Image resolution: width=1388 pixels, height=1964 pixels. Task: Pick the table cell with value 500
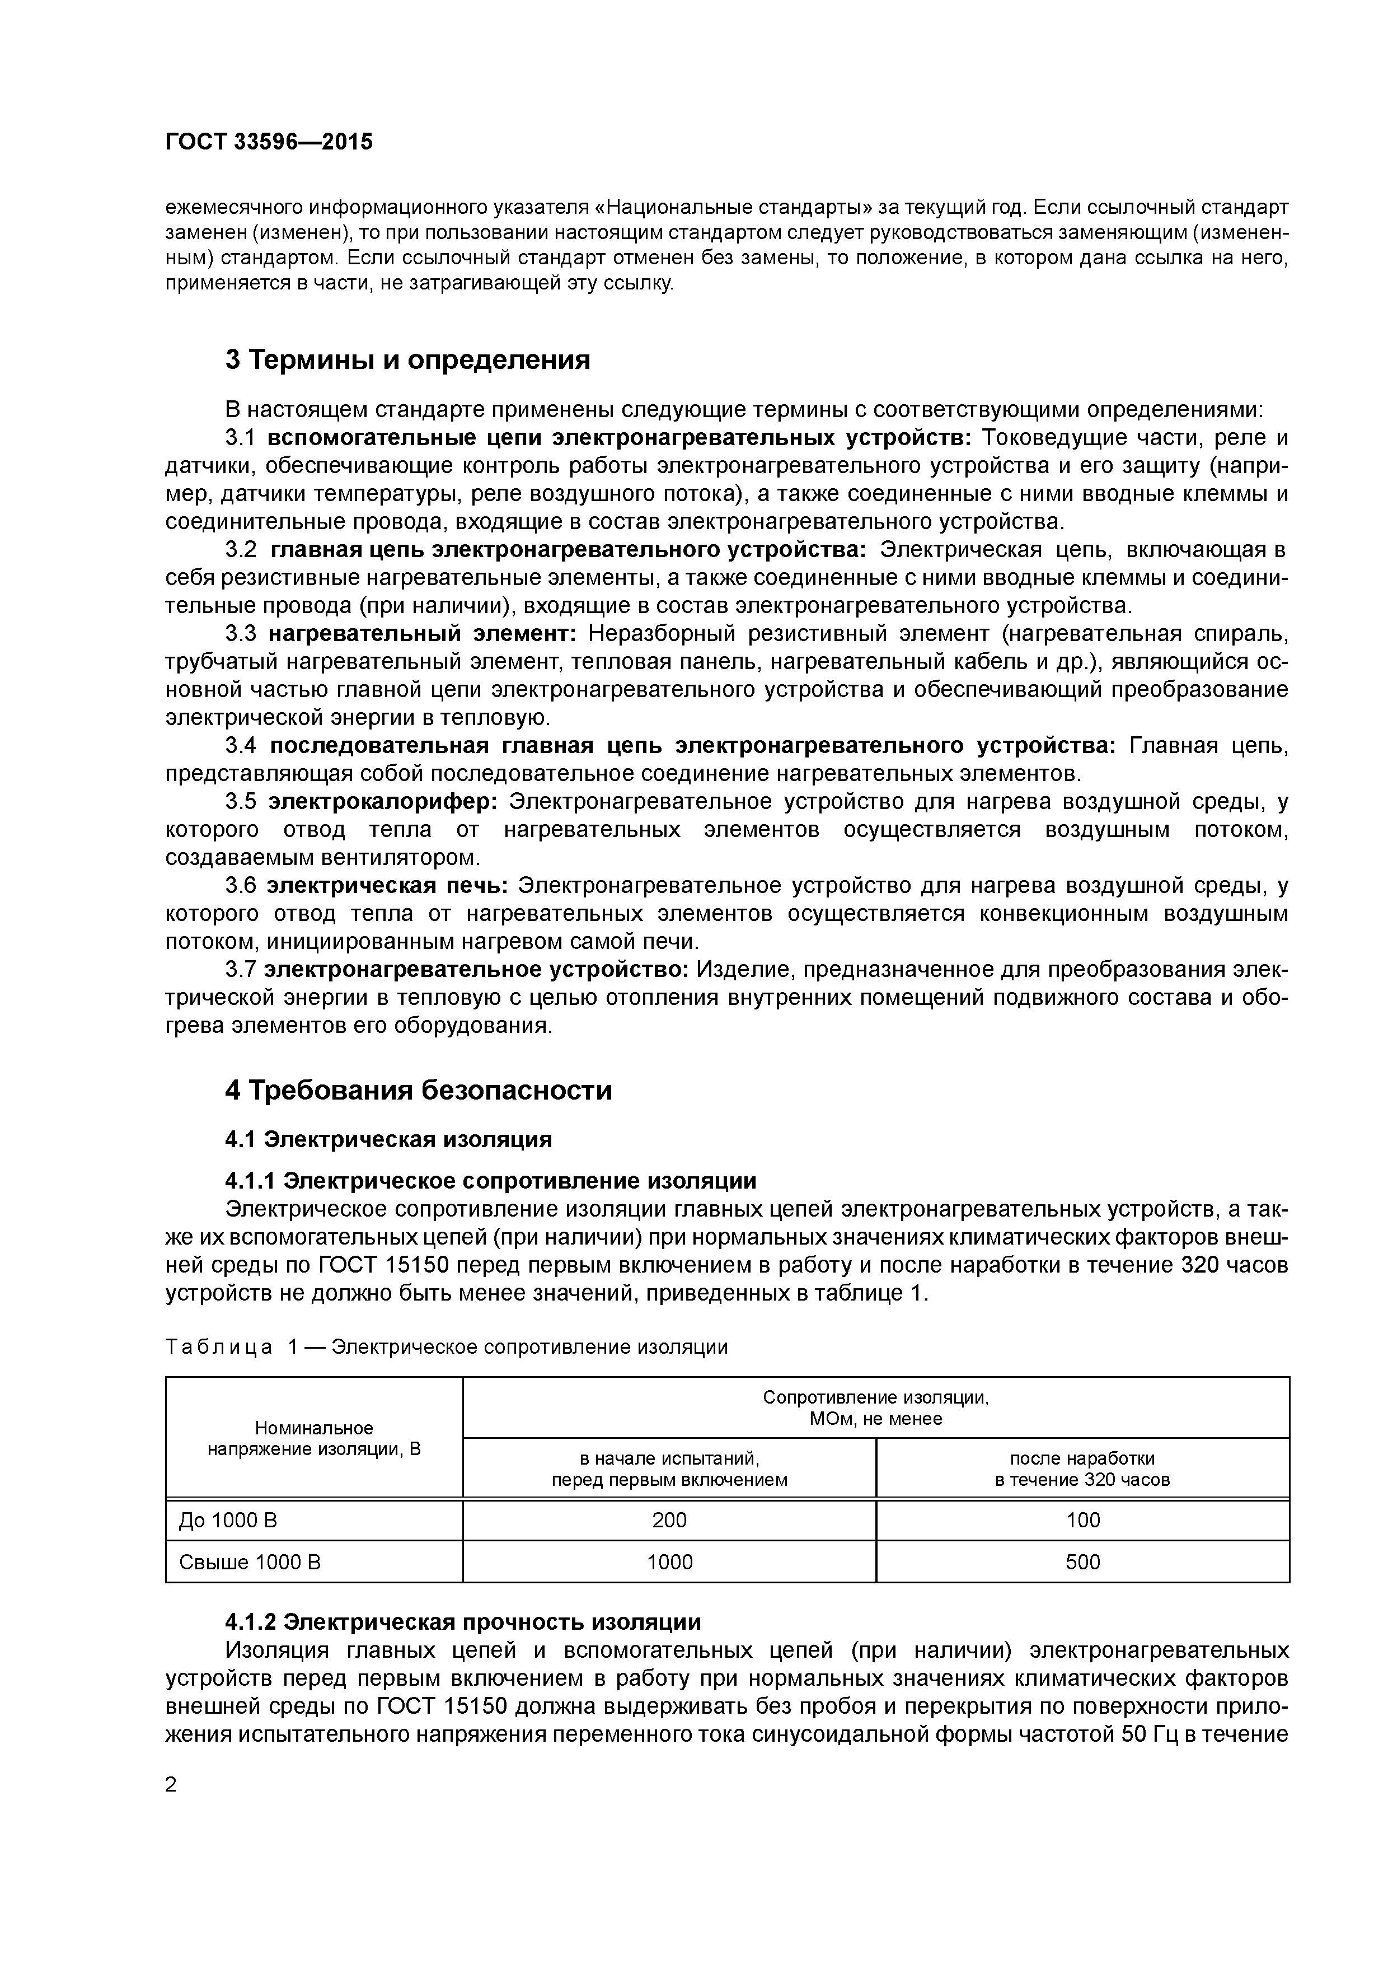click(1082, 1562)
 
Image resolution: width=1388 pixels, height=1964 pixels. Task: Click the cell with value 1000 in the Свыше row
click(669, 1562)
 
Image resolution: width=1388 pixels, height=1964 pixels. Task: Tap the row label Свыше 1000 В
click(249, 1562)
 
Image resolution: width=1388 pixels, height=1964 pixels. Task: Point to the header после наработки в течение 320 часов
click(1082, 1469)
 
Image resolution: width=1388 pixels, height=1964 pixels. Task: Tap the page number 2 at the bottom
click(171, 1785)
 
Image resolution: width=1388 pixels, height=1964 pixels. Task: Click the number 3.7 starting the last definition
click(240, 969)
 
